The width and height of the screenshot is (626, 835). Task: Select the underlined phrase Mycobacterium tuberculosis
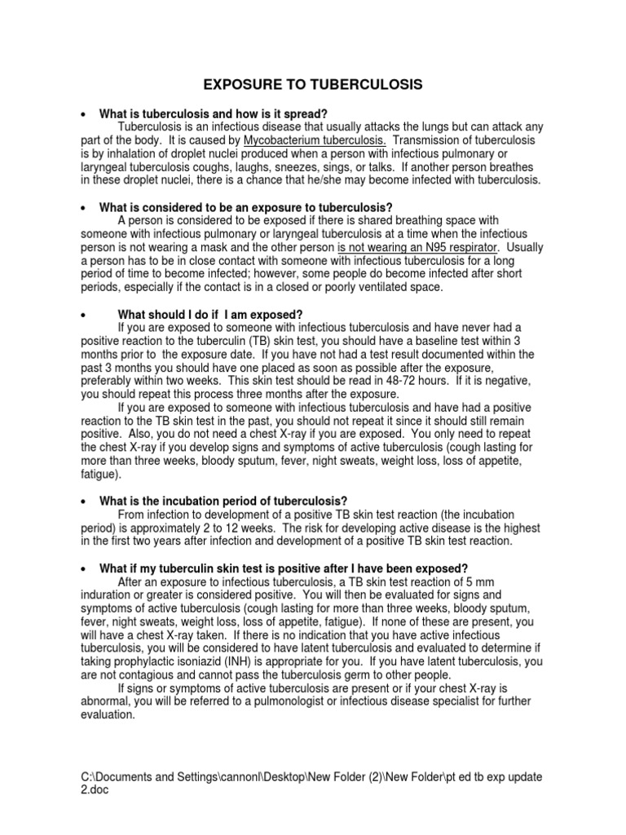[309, 141]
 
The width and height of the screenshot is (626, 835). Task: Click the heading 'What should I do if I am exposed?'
[210, 315]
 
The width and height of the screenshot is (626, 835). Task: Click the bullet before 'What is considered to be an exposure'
[84, 208]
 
